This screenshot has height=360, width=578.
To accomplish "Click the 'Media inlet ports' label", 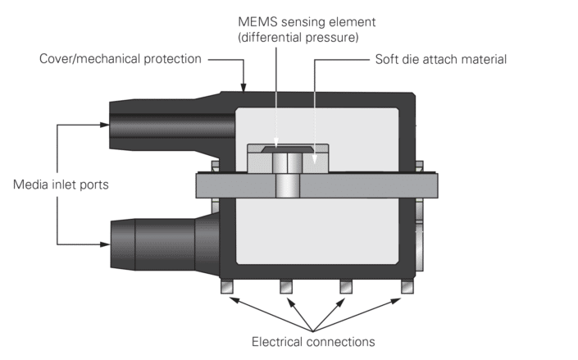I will click(61, 185).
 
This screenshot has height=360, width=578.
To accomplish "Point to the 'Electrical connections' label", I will click(314, 340).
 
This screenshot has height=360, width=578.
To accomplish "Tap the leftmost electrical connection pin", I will click(227, 287).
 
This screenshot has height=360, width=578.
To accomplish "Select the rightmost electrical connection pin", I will click(406, 287).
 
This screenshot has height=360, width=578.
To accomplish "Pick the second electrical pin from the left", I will click(286, 287).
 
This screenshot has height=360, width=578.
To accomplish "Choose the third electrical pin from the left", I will click(346, 287).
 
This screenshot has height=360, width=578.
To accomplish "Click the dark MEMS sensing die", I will click(286, 150).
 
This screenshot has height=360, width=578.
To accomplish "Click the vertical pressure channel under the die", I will click(286, 180).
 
